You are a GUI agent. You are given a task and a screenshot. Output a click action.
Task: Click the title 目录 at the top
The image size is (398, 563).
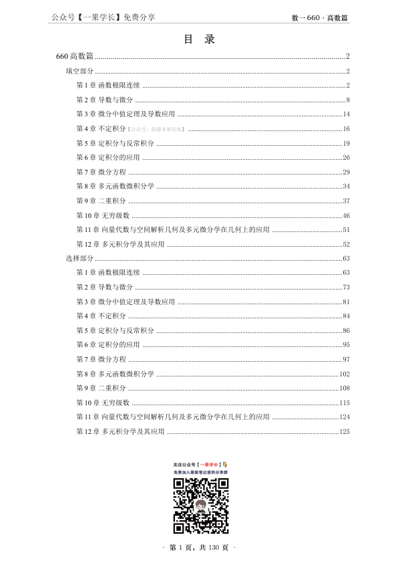[199, 39]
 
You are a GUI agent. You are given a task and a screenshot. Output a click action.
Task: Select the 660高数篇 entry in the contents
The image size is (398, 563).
[75, 56]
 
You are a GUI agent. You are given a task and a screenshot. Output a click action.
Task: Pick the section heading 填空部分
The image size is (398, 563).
[79, 71]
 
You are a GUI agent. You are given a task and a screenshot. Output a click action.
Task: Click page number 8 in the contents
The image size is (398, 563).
[348, 100]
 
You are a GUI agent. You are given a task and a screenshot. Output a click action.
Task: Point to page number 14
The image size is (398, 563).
[346, 114]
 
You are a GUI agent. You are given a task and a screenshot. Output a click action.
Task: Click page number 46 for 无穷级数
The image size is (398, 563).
[346, 215]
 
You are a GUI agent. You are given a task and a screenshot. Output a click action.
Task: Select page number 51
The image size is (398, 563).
[346, 229]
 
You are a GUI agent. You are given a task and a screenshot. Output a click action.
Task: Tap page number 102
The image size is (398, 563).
[345, 374]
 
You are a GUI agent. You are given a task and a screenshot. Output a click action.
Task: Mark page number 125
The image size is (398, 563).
[345, 431]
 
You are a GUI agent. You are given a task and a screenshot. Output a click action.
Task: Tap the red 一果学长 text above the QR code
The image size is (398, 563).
[209, 464]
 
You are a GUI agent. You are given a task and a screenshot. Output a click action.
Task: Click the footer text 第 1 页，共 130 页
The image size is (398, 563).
[199, 548]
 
